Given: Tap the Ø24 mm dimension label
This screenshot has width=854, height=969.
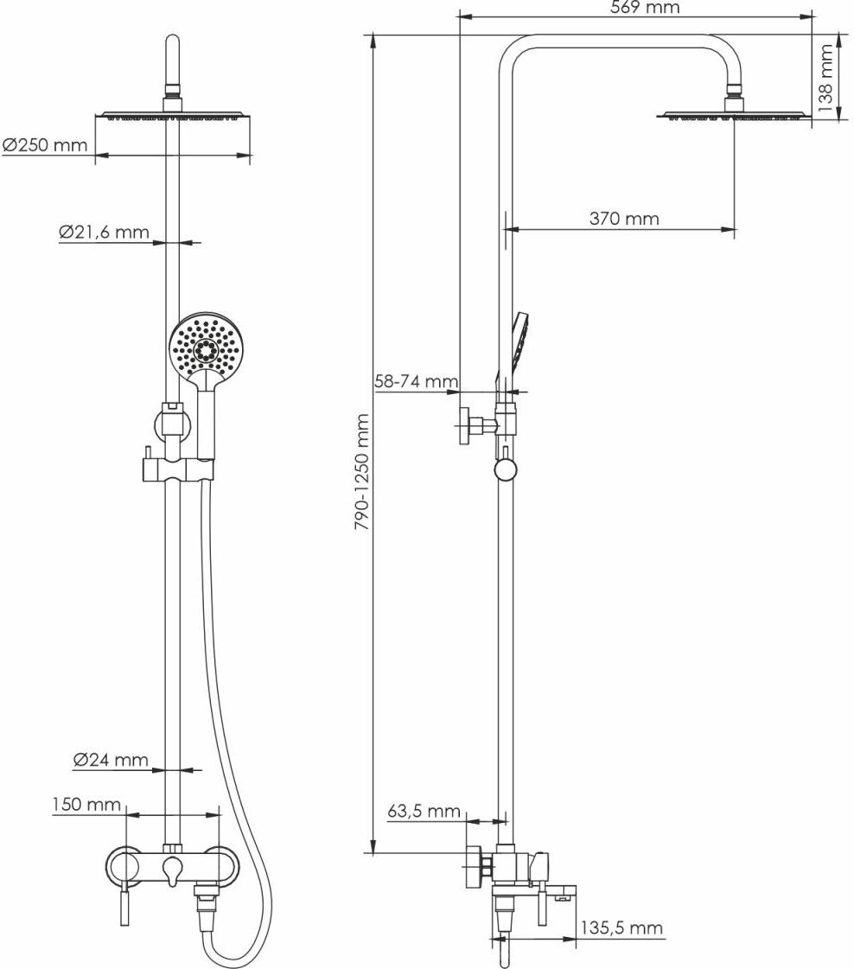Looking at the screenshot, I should click(111, 760).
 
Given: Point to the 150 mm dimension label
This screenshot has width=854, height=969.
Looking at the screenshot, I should click(86, 804).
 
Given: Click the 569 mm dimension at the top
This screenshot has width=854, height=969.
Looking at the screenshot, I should click(645, 8).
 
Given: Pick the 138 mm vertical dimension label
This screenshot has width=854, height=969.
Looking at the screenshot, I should click(826, 80).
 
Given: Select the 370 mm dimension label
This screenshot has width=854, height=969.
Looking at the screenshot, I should click(624, 219).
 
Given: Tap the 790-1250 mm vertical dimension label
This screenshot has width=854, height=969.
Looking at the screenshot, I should click(363, 472).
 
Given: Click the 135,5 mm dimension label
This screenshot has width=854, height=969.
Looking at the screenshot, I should click(621, 928).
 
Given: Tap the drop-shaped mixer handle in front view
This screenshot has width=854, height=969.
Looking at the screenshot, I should click(173, 869).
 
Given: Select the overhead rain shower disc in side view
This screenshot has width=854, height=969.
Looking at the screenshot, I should click(734, 115).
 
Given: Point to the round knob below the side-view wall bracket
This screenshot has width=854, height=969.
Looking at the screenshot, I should click(506, 469).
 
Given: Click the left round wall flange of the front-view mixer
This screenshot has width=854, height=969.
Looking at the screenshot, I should click(124, 865).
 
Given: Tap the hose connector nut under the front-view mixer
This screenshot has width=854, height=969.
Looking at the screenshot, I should click(206, 903).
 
